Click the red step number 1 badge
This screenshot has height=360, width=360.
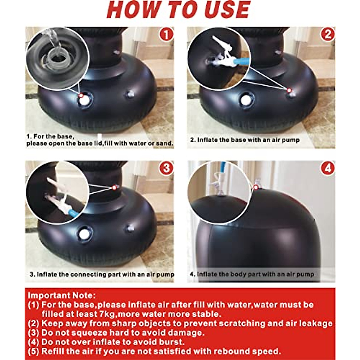(166, 34)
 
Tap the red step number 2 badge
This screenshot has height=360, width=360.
(328, 34)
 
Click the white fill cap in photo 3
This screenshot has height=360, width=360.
(84, 234)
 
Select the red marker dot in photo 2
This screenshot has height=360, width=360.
(289, 91)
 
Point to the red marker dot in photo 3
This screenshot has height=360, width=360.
(114, 187)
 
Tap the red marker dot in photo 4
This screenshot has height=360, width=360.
(256, 187)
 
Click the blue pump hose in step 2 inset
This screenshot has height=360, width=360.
(241, 61)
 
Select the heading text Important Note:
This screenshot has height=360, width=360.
(62, 295)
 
